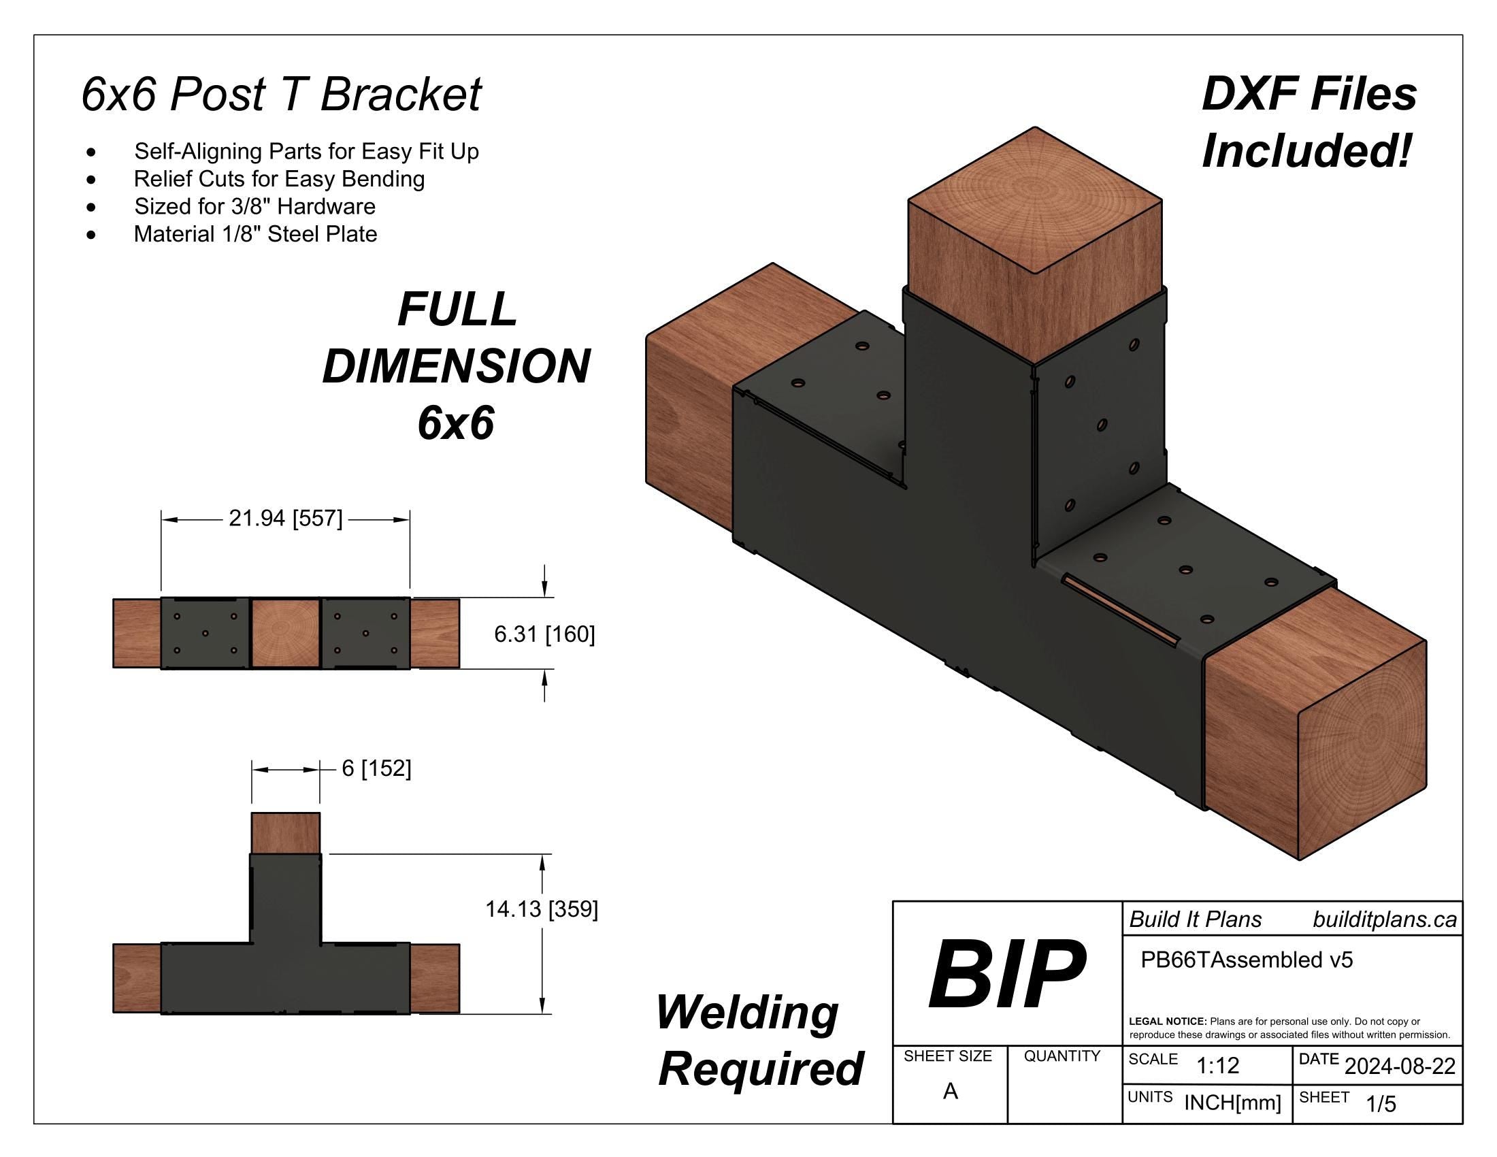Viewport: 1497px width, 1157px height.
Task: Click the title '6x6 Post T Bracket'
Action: click(281, 94)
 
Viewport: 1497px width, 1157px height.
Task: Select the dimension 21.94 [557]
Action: click(285, 519)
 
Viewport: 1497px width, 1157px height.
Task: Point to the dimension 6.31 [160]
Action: click(544, 635)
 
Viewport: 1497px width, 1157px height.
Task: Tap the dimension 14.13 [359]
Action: click(542, 909)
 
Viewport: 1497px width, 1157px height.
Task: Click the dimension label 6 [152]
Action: click(376, 768)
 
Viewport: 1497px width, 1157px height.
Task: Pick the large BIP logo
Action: click(1006, 974)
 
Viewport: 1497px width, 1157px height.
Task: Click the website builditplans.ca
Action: click(1384, 919)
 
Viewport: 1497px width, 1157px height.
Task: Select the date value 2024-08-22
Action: click(1400, 1066)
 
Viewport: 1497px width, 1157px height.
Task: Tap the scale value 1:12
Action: click(1217, 1066)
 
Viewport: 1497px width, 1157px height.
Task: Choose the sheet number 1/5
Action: click(1381, 1104)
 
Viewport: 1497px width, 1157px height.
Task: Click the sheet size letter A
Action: click(950, 1091)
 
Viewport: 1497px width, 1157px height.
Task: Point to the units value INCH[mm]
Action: click(1232, 1103)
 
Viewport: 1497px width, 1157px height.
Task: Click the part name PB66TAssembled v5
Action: click(1246, 960)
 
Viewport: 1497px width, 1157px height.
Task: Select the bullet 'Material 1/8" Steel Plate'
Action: click(255, 234)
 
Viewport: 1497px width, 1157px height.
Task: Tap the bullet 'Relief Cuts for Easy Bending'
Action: click(279, 179)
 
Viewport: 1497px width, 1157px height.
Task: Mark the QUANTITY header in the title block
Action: click(1061, 1056)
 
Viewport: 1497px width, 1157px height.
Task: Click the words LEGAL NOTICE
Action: click(1167, 1022)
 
